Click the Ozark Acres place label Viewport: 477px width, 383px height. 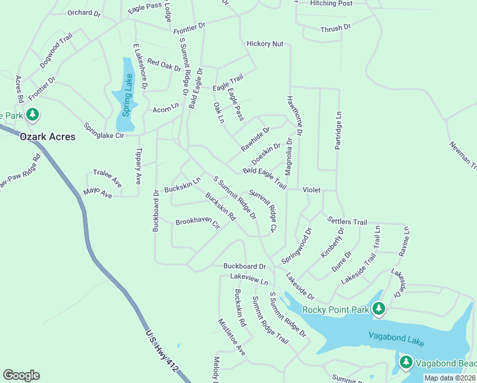[x=47, y=137]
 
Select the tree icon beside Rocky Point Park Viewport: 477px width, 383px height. [x=379, y=310]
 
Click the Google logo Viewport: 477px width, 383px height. [x=21, y=375]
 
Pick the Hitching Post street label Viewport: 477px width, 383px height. [x=331, y=4]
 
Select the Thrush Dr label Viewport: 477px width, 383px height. [x=335, y=28]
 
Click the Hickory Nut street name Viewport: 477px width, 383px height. [x=265, y=44]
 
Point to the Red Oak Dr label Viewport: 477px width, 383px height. [x=165, y=64]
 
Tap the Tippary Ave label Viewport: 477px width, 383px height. [x=138, y=167]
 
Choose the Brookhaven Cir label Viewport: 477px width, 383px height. [x=198, y=223]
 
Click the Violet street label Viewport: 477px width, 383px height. [x=311, y=190]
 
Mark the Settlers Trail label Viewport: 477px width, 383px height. [x=347, y=221]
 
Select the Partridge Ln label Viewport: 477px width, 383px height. [x=339, y=131]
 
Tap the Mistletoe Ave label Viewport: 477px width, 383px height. [x=231, y=337]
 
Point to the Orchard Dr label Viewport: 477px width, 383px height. [x=84, y=13]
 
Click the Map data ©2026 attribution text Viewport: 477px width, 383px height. [x=450, y=378]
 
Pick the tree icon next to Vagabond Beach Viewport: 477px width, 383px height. [x=406, y=363]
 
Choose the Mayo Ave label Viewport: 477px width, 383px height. [x=98, y=192]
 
